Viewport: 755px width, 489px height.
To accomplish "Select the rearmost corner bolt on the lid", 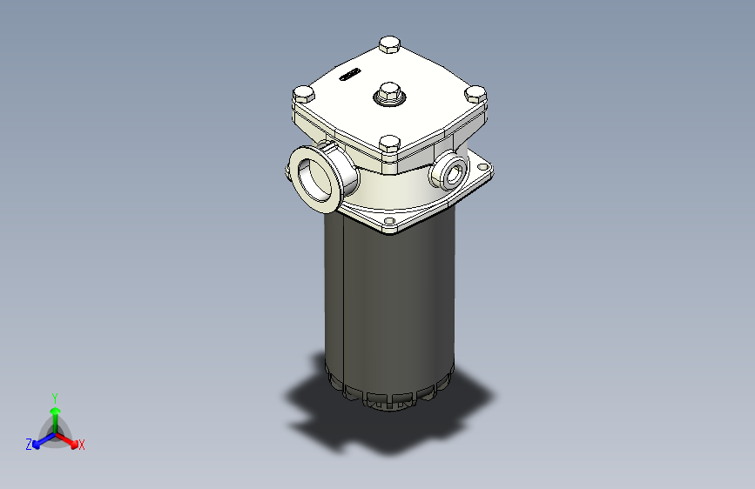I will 389,44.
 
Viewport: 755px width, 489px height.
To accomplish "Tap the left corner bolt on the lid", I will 303,94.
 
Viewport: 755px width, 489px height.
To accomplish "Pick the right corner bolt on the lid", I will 475,93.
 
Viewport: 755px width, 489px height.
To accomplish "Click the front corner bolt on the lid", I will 388,144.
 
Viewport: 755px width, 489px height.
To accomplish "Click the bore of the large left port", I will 314,177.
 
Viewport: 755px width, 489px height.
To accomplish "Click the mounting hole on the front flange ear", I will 389,225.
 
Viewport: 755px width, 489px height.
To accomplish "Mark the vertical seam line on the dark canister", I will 345,296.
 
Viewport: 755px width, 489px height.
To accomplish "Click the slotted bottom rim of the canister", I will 383,397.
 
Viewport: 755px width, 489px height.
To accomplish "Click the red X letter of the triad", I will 82,445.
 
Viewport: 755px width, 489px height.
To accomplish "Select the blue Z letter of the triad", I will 29,445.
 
